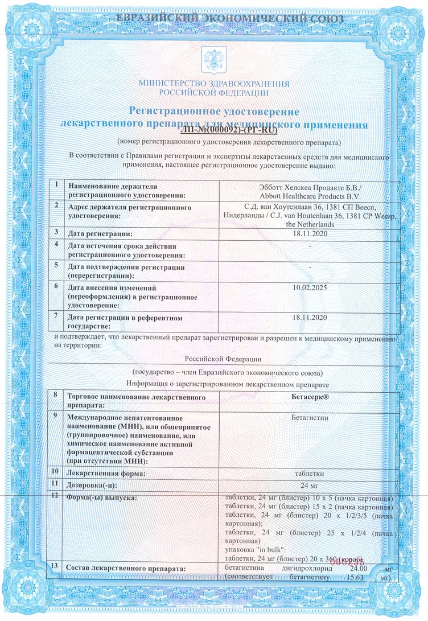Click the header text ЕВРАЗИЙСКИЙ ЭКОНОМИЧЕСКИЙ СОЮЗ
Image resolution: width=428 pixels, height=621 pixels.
point(214,19)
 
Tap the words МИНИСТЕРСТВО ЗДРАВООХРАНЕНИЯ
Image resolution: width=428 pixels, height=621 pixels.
point(214,84)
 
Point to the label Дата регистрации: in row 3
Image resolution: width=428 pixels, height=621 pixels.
point(100,233)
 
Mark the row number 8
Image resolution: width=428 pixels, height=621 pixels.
point(56,394)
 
